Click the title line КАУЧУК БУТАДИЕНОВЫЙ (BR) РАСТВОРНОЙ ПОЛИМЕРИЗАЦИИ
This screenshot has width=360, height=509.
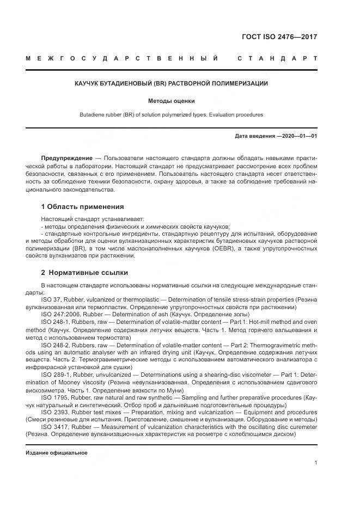pyautogui.click(x=172, y=83)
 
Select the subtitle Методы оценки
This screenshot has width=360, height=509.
pyautogui.click(x=172, y=101)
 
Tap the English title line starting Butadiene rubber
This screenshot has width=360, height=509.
pyautogui.click(x=172, y=115)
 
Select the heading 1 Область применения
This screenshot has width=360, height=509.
pyautogui.click(x=82, y=207)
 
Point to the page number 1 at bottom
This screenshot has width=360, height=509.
pyautogui.click(x=315, y=463)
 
